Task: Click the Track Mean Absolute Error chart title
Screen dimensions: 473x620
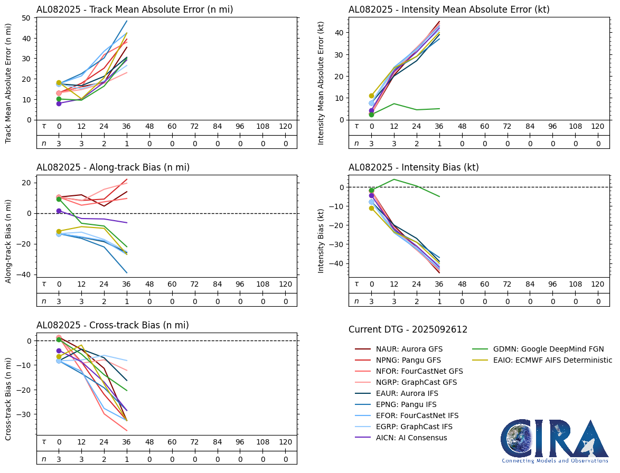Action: [135, 10]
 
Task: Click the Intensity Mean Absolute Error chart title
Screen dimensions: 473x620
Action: [449, 10]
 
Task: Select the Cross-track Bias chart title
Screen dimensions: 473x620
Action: [112, 325]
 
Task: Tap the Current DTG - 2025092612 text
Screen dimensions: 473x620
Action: [408, 330]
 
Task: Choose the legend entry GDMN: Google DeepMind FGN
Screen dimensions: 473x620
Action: [548, 349]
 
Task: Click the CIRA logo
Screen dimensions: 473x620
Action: [555, 441]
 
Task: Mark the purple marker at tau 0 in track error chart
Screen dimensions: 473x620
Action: [59, 103]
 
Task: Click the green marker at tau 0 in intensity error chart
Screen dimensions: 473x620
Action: [371, 115]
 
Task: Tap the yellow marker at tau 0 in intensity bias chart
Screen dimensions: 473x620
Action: [371, 208]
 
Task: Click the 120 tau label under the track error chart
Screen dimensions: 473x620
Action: [285, 127]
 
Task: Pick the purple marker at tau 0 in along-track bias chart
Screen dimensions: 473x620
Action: [59, 211]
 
